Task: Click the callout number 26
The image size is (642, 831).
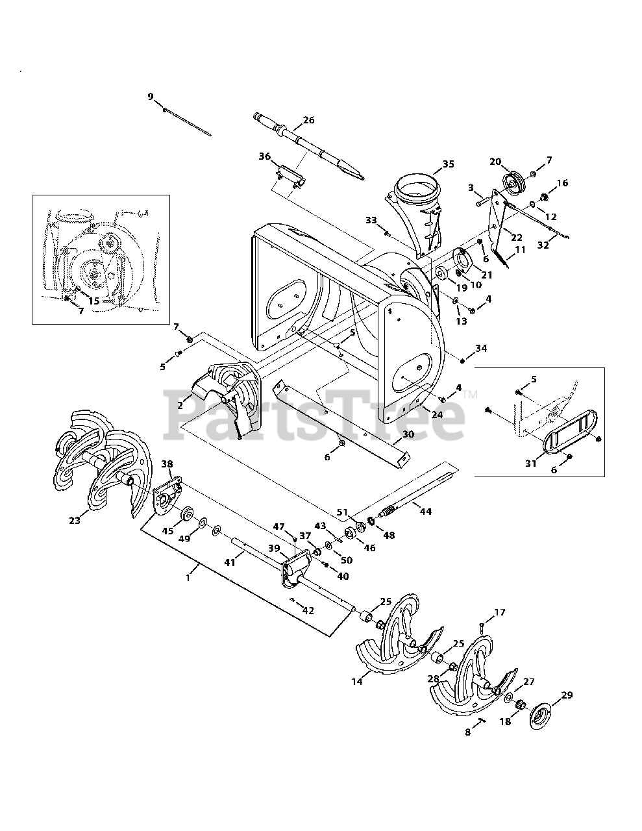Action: point(308,120)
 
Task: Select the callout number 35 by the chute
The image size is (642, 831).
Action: point(448,164)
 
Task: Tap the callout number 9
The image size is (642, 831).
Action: point(151,97)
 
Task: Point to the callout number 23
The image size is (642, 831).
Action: point(75,520)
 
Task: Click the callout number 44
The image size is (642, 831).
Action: point(426,512)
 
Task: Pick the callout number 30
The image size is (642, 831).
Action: point(408,434)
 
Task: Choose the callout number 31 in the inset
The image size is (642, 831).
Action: point(531,464)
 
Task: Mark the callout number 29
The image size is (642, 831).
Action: point(567,695)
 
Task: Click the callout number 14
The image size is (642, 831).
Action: point(357,681)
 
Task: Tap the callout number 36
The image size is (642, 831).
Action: point(265,156)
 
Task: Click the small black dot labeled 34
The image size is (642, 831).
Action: point(462,360)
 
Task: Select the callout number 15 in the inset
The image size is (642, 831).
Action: point(93,301)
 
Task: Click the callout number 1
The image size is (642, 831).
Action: point(188,578)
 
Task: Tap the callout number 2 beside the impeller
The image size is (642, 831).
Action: point(180,405)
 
